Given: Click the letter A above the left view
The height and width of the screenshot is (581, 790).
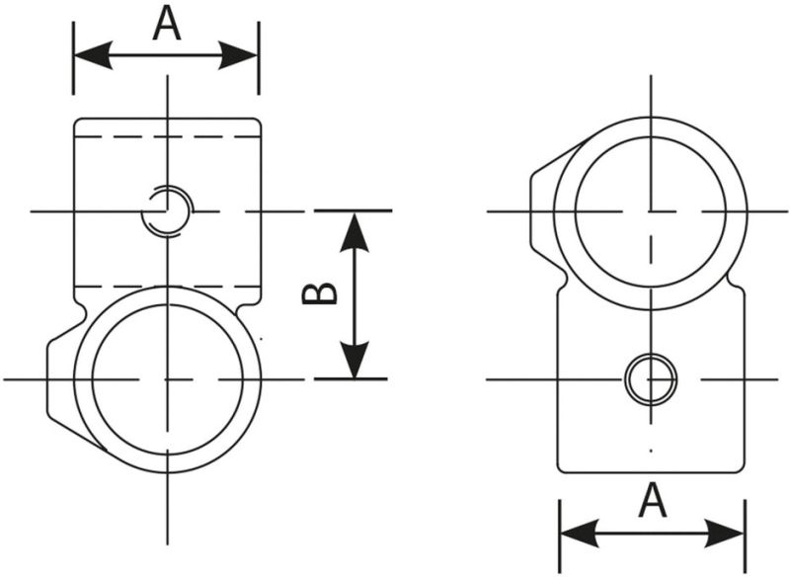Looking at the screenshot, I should [167, 24].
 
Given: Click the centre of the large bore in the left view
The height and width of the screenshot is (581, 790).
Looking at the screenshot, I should [168, 378].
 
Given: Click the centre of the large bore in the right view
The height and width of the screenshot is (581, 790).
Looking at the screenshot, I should [651, 210].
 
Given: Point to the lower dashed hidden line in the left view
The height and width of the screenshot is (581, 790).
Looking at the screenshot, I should [118, 287].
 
